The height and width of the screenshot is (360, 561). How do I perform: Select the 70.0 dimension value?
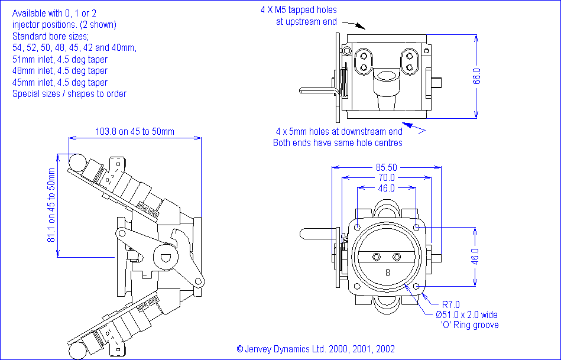387,177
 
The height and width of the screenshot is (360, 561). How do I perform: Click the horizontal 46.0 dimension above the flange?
386,188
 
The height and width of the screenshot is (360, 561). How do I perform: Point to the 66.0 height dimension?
476,77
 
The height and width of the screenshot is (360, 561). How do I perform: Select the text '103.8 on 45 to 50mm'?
135,131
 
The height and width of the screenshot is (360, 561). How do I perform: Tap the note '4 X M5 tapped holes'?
299,10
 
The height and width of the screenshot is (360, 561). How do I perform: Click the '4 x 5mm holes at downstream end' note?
339,131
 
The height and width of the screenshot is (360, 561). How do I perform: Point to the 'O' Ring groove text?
470,325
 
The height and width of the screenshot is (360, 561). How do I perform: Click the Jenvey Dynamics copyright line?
316,349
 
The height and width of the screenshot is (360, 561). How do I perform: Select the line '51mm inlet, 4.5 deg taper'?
60,60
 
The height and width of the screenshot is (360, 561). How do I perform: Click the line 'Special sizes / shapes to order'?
69,93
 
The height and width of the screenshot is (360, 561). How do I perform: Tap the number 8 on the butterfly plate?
387,273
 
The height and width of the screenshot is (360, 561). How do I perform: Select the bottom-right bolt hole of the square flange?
417,287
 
